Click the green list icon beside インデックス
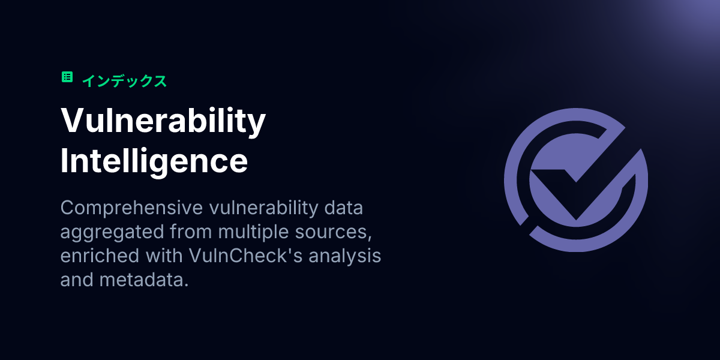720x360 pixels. tap(67, 77)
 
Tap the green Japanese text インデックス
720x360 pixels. tap(124, 81)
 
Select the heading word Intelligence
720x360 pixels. tap(154, 160)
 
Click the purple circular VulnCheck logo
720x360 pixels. tap(575, 180)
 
